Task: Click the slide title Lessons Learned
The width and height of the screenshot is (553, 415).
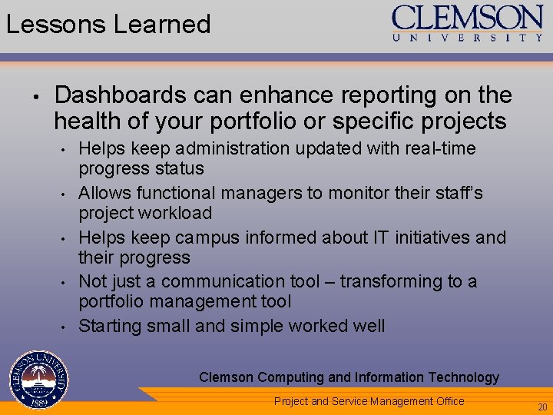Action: click(108, 24)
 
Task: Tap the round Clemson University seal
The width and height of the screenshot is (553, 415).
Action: click(38, 380)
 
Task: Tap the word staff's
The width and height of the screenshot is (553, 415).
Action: click(456, 193)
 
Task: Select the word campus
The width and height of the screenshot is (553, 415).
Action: click(197, 237)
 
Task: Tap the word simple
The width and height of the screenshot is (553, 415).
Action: click(257, 327)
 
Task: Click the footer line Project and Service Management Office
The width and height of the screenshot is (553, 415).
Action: click(369, 401)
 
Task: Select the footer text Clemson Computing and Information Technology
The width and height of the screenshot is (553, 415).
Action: click(349, 377)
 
